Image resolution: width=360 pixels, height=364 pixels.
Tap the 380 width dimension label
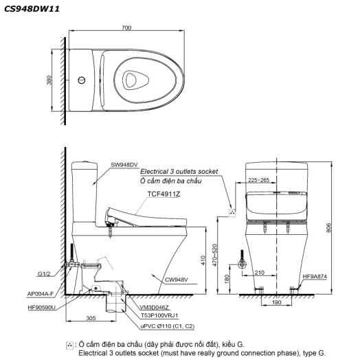click(49, 80)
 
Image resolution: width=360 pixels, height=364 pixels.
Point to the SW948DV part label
click(125, 166)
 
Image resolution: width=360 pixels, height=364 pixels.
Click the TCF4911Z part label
click(164, 194)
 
